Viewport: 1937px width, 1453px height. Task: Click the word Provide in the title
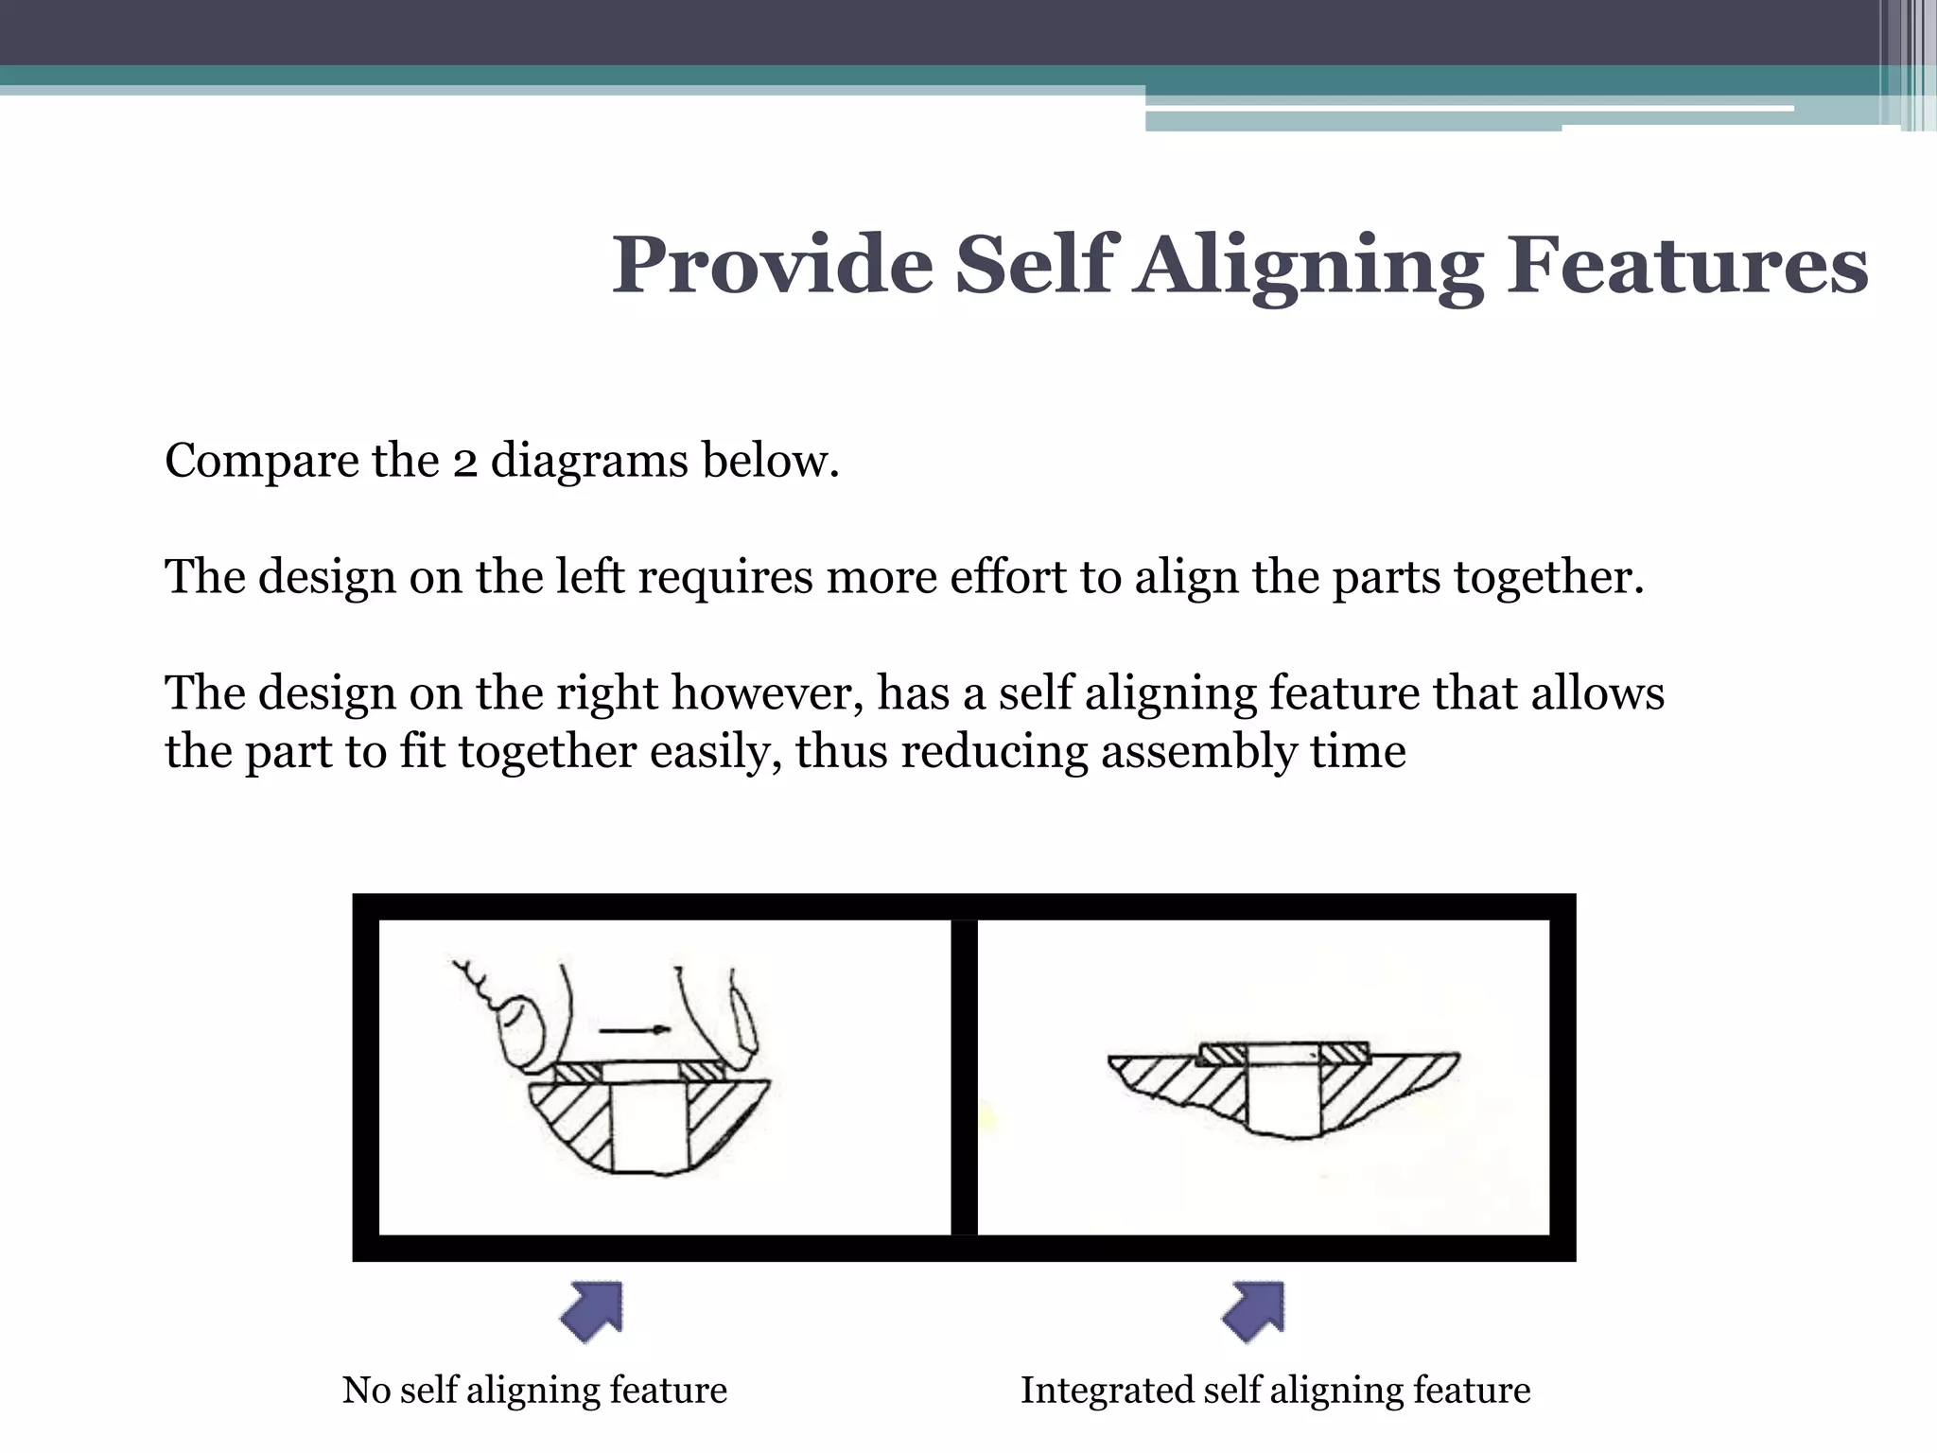pyautogui.click(x=772, y=266)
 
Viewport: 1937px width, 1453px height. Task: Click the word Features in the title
pyautogui.click(x=1687, y=266)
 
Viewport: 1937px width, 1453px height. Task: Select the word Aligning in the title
pyautogui.click(x=1310, y=266)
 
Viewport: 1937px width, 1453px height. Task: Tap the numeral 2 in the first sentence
pyautogui.click(x=463, y=463)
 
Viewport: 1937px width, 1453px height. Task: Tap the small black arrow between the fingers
pyautogui.click(x=635, y=1029)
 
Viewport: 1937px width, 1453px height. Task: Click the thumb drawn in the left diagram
pyautogui.click(x=522, y=1031)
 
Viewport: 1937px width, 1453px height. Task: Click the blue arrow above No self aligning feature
pyautogui.click(x=592, y=1311)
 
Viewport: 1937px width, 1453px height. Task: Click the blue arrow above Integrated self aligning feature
pyautogui.click(x=1254, y=1311)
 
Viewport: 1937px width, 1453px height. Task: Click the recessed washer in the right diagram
pyautogui.click(x=1283, y=1055)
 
